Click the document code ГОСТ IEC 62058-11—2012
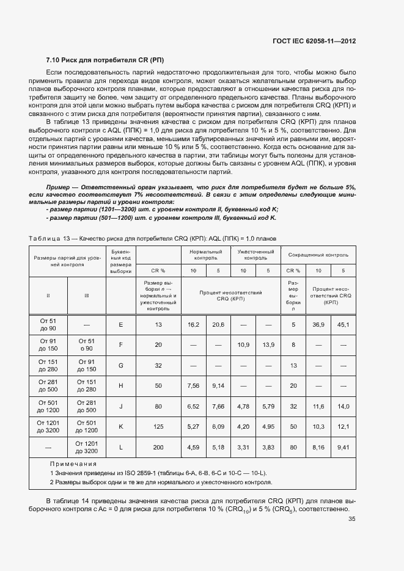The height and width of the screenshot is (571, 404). (314, 41)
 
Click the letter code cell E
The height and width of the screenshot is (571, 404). (121, 324)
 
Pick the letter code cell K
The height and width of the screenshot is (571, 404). (121, 427)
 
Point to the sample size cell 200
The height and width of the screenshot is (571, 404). (158, 448)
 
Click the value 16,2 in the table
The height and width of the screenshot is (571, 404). (193, 324)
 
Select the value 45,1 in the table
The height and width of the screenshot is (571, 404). (343, 324)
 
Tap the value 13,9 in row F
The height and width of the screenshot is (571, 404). (268, 345)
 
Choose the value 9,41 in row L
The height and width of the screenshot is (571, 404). (343, 448)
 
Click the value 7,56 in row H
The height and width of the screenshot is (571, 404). (193, 386)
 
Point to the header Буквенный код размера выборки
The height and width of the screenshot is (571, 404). (121, 261)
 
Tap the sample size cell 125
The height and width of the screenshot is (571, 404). (158, 427)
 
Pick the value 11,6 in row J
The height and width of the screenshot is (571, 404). (318, 406)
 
